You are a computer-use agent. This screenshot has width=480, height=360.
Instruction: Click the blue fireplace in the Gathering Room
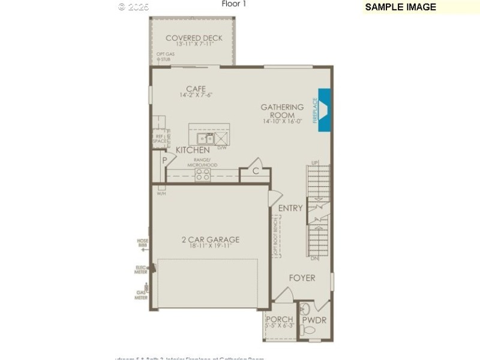[x=324, y=110]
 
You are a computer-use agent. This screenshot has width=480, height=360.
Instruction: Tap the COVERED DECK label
[x=194, y=38]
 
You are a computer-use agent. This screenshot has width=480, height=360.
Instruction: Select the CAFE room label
[x=196, y=89]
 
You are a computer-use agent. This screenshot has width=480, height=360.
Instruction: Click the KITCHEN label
[x=193, y=149]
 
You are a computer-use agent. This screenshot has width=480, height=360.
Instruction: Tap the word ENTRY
[x=290, y=208]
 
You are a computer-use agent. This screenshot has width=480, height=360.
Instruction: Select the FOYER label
[x=302, y=278]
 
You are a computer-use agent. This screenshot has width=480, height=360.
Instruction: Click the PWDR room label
[x=314, y=320]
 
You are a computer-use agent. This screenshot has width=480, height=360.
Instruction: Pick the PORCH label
[x=280, y=319]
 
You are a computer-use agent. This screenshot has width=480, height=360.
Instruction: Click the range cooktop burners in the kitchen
[x=203, y=175]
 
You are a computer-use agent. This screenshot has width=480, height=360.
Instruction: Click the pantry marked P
[x=163, y=161]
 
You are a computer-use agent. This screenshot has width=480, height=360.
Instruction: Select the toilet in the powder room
[x=306, y=309]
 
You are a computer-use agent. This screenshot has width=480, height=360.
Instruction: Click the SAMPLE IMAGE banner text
[x=400, y=7]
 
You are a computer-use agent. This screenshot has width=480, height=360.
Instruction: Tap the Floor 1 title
[x=234, y=4]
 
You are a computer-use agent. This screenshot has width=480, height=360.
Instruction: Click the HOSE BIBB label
[x=142, y=242]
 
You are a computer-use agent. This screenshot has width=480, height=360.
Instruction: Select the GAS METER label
[x=142, y=295]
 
